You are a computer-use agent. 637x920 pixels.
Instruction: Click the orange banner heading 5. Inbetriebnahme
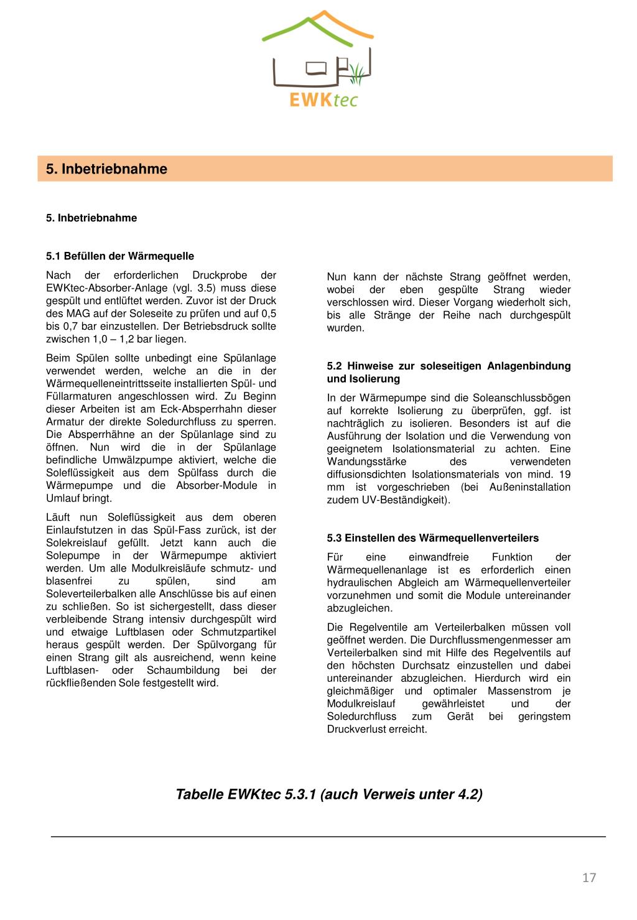click(106, 169)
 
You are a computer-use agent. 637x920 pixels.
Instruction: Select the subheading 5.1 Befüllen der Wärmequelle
click(120, 256)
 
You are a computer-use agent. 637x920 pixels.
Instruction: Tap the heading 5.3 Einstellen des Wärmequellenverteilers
click(433, 538)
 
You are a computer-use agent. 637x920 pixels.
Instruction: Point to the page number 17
click(589, 878)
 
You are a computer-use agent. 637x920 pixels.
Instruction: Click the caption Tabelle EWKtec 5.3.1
click(329, 794)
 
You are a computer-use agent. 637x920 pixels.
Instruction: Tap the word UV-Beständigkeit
click(405, 500)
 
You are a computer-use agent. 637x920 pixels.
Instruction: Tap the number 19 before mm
click(564, 475)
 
